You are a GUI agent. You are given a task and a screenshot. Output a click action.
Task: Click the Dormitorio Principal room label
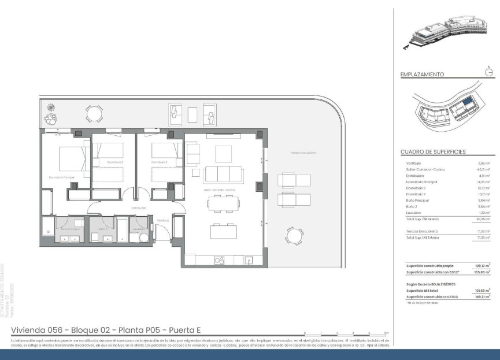pyautogui.click(x=62, y=177)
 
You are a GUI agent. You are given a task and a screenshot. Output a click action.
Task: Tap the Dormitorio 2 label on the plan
pyautogui.click(x=114, y=162)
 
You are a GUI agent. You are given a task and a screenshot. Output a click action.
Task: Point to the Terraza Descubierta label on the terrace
pyautogui.click(x=303, y=153)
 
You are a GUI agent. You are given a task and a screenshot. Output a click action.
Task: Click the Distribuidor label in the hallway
pyautogui.click(x=139, y=207)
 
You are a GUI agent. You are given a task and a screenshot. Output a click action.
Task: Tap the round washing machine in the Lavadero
pyautogui.click(x=143, y=236)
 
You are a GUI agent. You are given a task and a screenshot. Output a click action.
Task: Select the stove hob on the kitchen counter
pyautogui.click(x=220, y=261)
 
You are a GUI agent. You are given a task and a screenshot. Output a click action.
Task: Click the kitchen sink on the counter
pyautogui.click(x=249, y=260)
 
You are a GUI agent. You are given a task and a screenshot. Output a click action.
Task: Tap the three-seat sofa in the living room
pyautogui.click(x=224, y=174)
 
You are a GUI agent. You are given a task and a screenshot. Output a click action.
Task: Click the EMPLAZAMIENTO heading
pyautogui.click(x=422, y=75)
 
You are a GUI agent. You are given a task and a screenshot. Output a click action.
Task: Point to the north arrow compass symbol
pyautogui.click(x=489, y=72)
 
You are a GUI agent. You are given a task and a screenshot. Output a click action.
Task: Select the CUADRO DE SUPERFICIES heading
pyautogui.click(x=433, y=152)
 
